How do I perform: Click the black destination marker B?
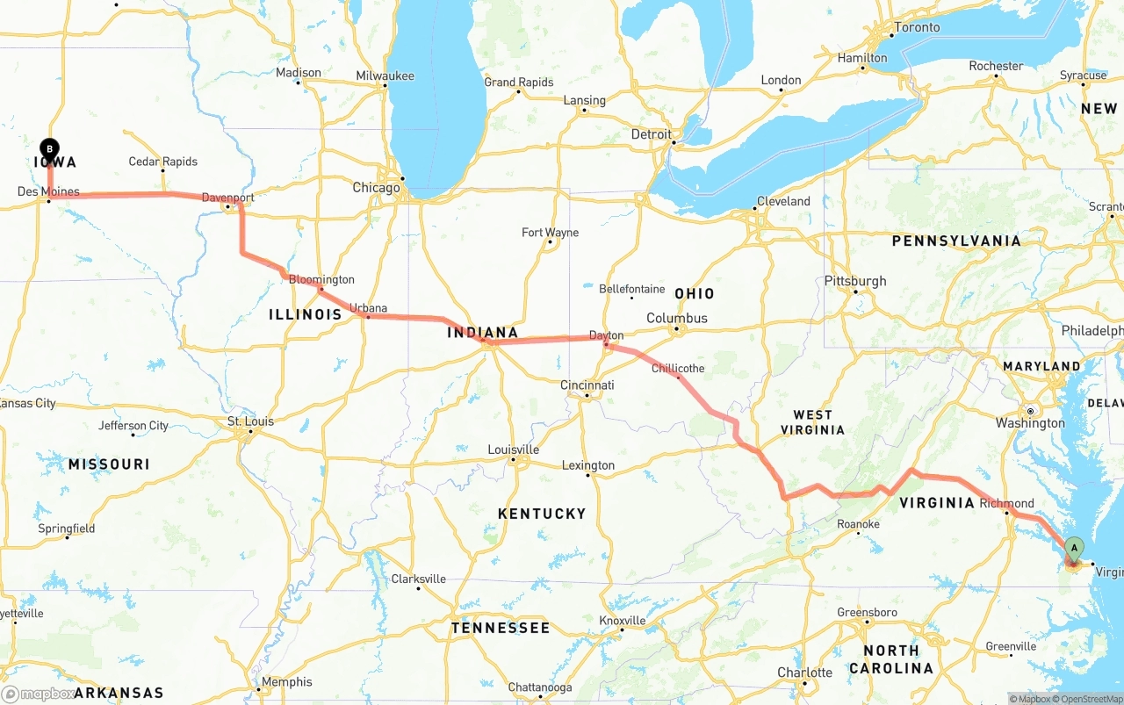click(x=50, y=149)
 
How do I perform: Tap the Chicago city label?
click(x=376, y=188)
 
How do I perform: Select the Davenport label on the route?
click(x=227, y=198)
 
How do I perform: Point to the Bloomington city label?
click(x=321, y=279)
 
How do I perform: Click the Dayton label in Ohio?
click(x=606, y=335)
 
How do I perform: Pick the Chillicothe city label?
click(x=677, y=368)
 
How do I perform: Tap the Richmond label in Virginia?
click(x=1006, y=503)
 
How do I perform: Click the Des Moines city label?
click(x=48, y=191)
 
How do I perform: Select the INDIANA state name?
click(x=482, y=333)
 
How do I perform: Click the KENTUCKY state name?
click(x=541, y=514)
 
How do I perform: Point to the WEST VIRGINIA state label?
click(x=812, y=422)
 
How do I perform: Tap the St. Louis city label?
click(x=250, y=421)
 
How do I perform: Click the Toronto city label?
click(x=916, y=27)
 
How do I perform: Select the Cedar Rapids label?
click(x=162, y=162)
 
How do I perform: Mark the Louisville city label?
click(x=513, y=450)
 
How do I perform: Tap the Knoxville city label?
click(x=622, y=621)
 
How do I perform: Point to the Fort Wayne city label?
click(x=550, y=233)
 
